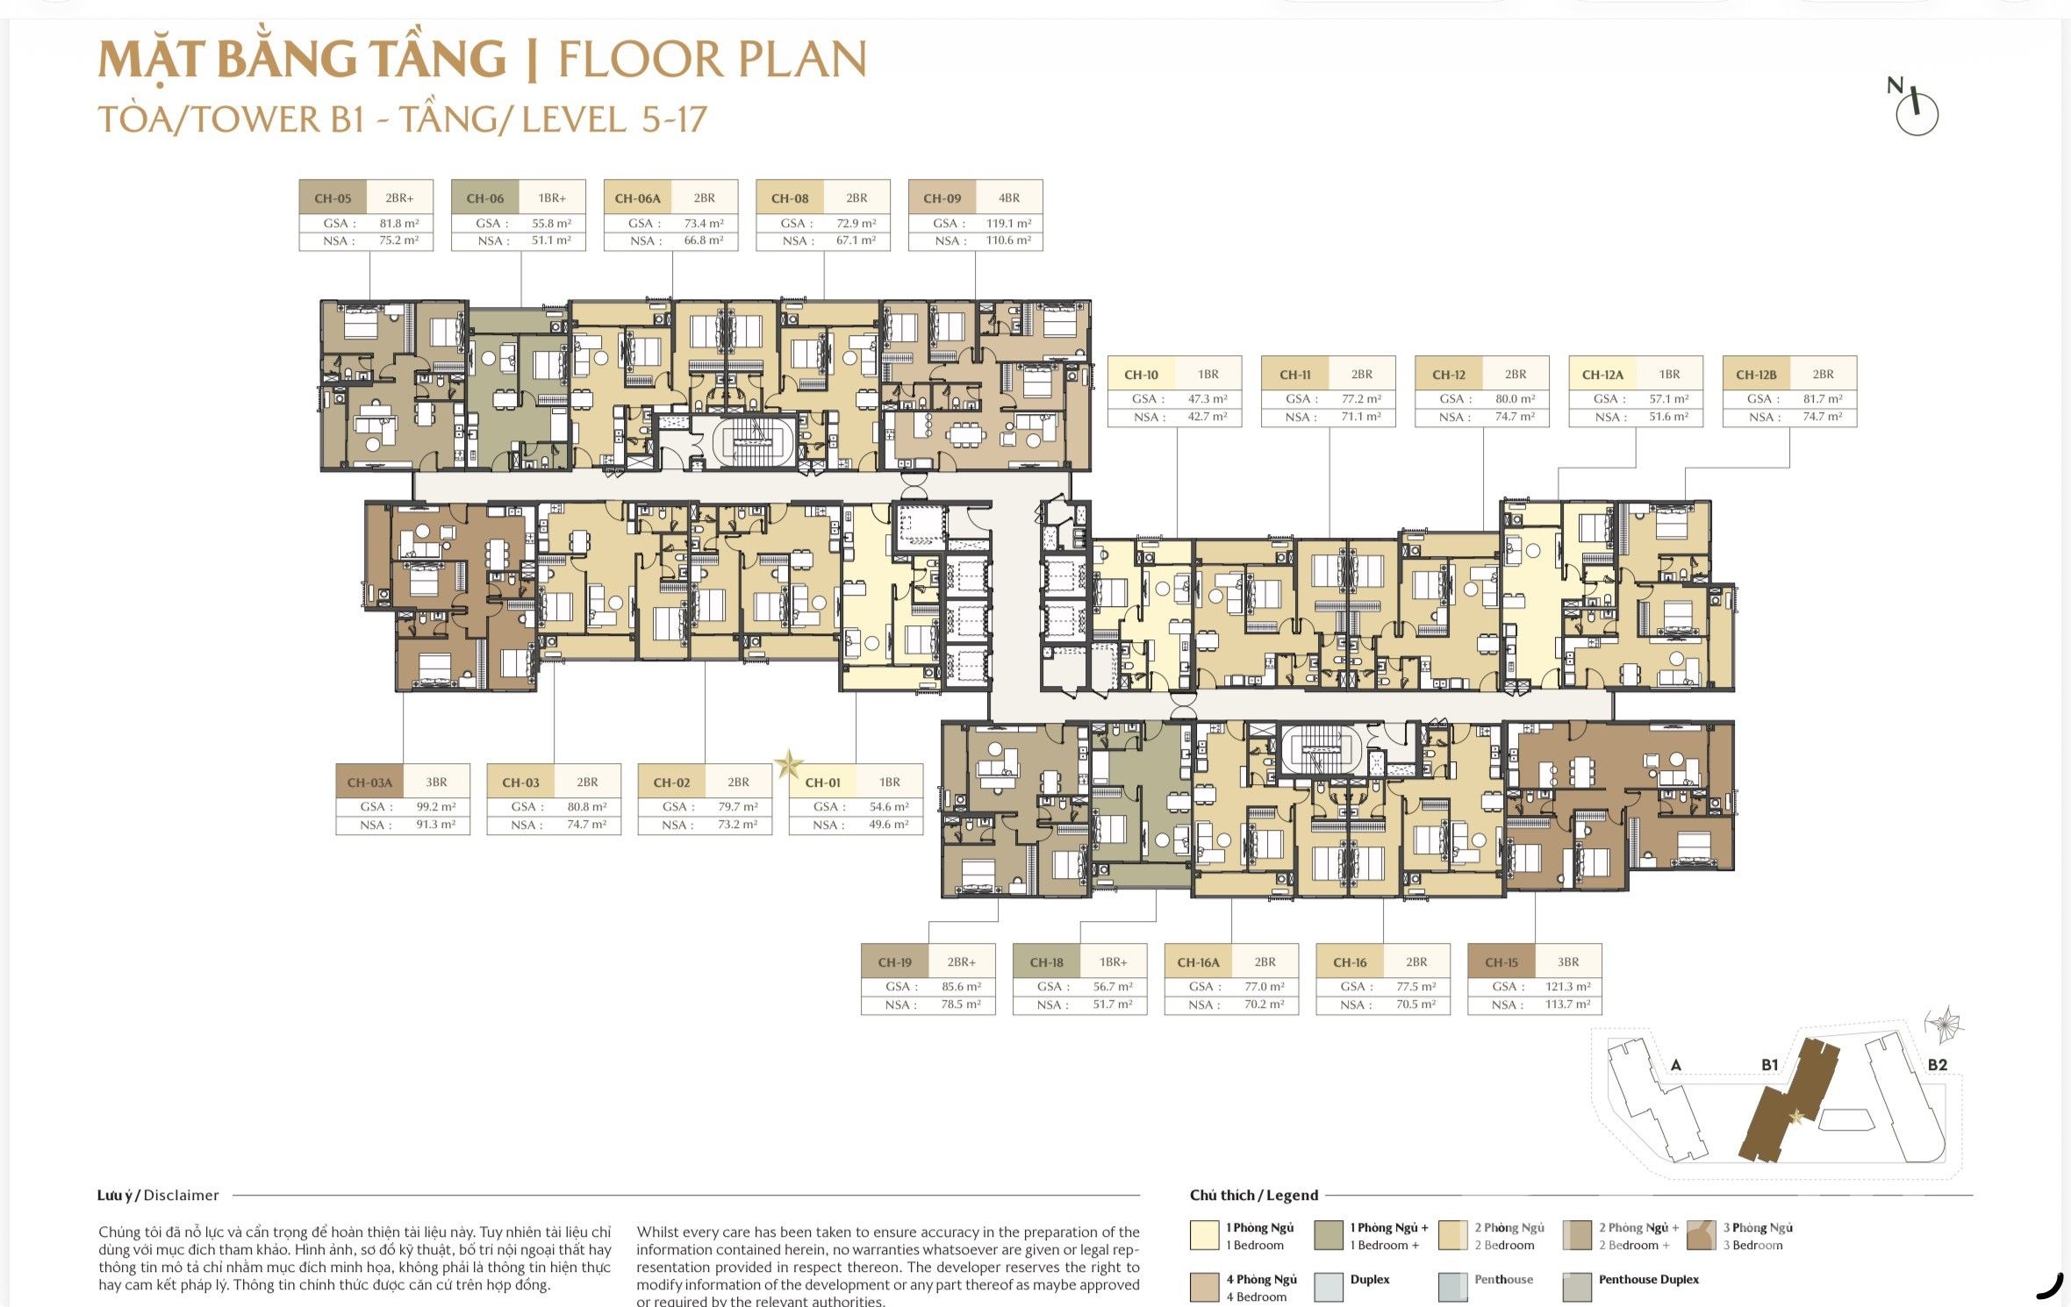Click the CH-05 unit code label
pyautogui.click(x=333, y=198)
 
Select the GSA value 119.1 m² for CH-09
pyautogui.click(x=1008, y=224)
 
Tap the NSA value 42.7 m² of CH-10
pyautogui.click(x=1207, y=417)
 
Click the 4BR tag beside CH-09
pyautogui.click(x=1009, y=198)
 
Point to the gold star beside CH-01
pyautogui.click(x=788, y=764)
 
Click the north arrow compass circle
pyautogui.click(x=1917, y=115)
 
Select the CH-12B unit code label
pyautogui.click(x=1756, y=375)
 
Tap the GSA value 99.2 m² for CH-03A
pyautogui.click(x=436, y=807)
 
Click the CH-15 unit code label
pyautogui.click(x=1501, y=962)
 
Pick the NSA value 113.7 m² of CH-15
pyautogui.click(x=1567, y=1004)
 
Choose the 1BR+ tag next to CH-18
pyautogui.click(x=1113, y=962)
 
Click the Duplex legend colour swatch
pyautogui.click(x=1329, y=1287)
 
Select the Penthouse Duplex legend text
pyautogui.click(x=1648, y=1280)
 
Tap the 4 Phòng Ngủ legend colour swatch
pyautogui.click(x=1205, y=1287)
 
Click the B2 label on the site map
pyautogui.click(x=1937, y=1065)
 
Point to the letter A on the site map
pyautogui.click(x=1676, y=1065)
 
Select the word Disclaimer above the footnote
pyautogui.click(x=181, y=1196)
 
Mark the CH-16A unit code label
pyautogui.click(x=1198, y=962)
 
